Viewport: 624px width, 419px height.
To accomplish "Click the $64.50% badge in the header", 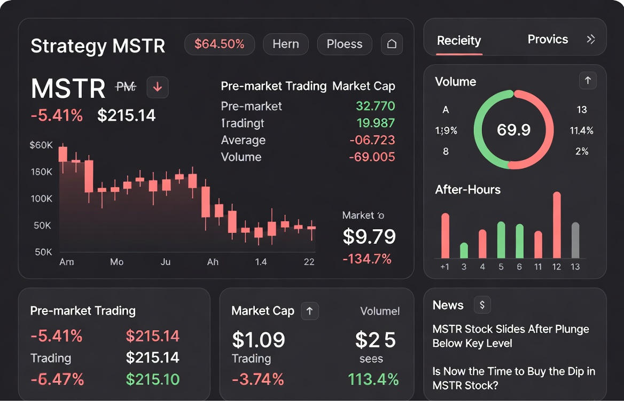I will pyautogui.click(x=220, y=44).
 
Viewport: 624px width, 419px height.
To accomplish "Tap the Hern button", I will pyautogui.click(x=286, y=44).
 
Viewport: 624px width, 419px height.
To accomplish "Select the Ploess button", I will pyautogui.click(x=345, y=44).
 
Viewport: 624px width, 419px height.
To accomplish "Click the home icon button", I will pyautogui.click(x=392, y=44).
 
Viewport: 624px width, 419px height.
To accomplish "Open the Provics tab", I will pyautogui.click(x=548, y=40).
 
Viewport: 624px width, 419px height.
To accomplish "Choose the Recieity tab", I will pyautogui.click(x=459, y=41).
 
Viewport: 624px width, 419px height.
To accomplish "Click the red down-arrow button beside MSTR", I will pyautogui.click(x=158, y=87).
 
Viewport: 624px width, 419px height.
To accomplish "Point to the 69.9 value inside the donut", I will pyautogui.click(x=513, y=130).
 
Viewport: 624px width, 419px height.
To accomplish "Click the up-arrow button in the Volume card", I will pyautogui.click(x=588, y=81).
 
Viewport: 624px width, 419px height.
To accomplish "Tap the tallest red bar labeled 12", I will pyautogui.click(x=557, y=224).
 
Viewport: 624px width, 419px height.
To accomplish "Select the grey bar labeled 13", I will pyautogui.click(x=575, y=240).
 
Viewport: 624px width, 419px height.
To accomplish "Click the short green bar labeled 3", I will pyautogui.click(x=464, y=251).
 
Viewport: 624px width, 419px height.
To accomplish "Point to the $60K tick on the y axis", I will pyautogui.click(x=41, y=145).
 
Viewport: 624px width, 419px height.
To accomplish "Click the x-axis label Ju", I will pyautogui.click(x=166, y=262).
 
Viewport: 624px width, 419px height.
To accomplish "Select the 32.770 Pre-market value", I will pyautogui.click(x=375, y=106).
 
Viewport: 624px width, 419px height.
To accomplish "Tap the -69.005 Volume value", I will pyautogui.click(x=372, y=157).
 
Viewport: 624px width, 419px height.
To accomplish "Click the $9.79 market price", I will pyautogui.click(x=369, y=236).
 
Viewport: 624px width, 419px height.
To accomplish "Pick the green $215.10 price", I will pyautogui.click(x=153, y=379).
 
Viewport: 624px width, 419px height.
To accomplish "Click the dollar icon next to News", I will pyautogui.click(x=482, y=305).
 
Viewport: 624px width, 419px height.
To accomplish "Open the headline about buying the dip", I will pyautogui.click(x=513, y=378).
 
